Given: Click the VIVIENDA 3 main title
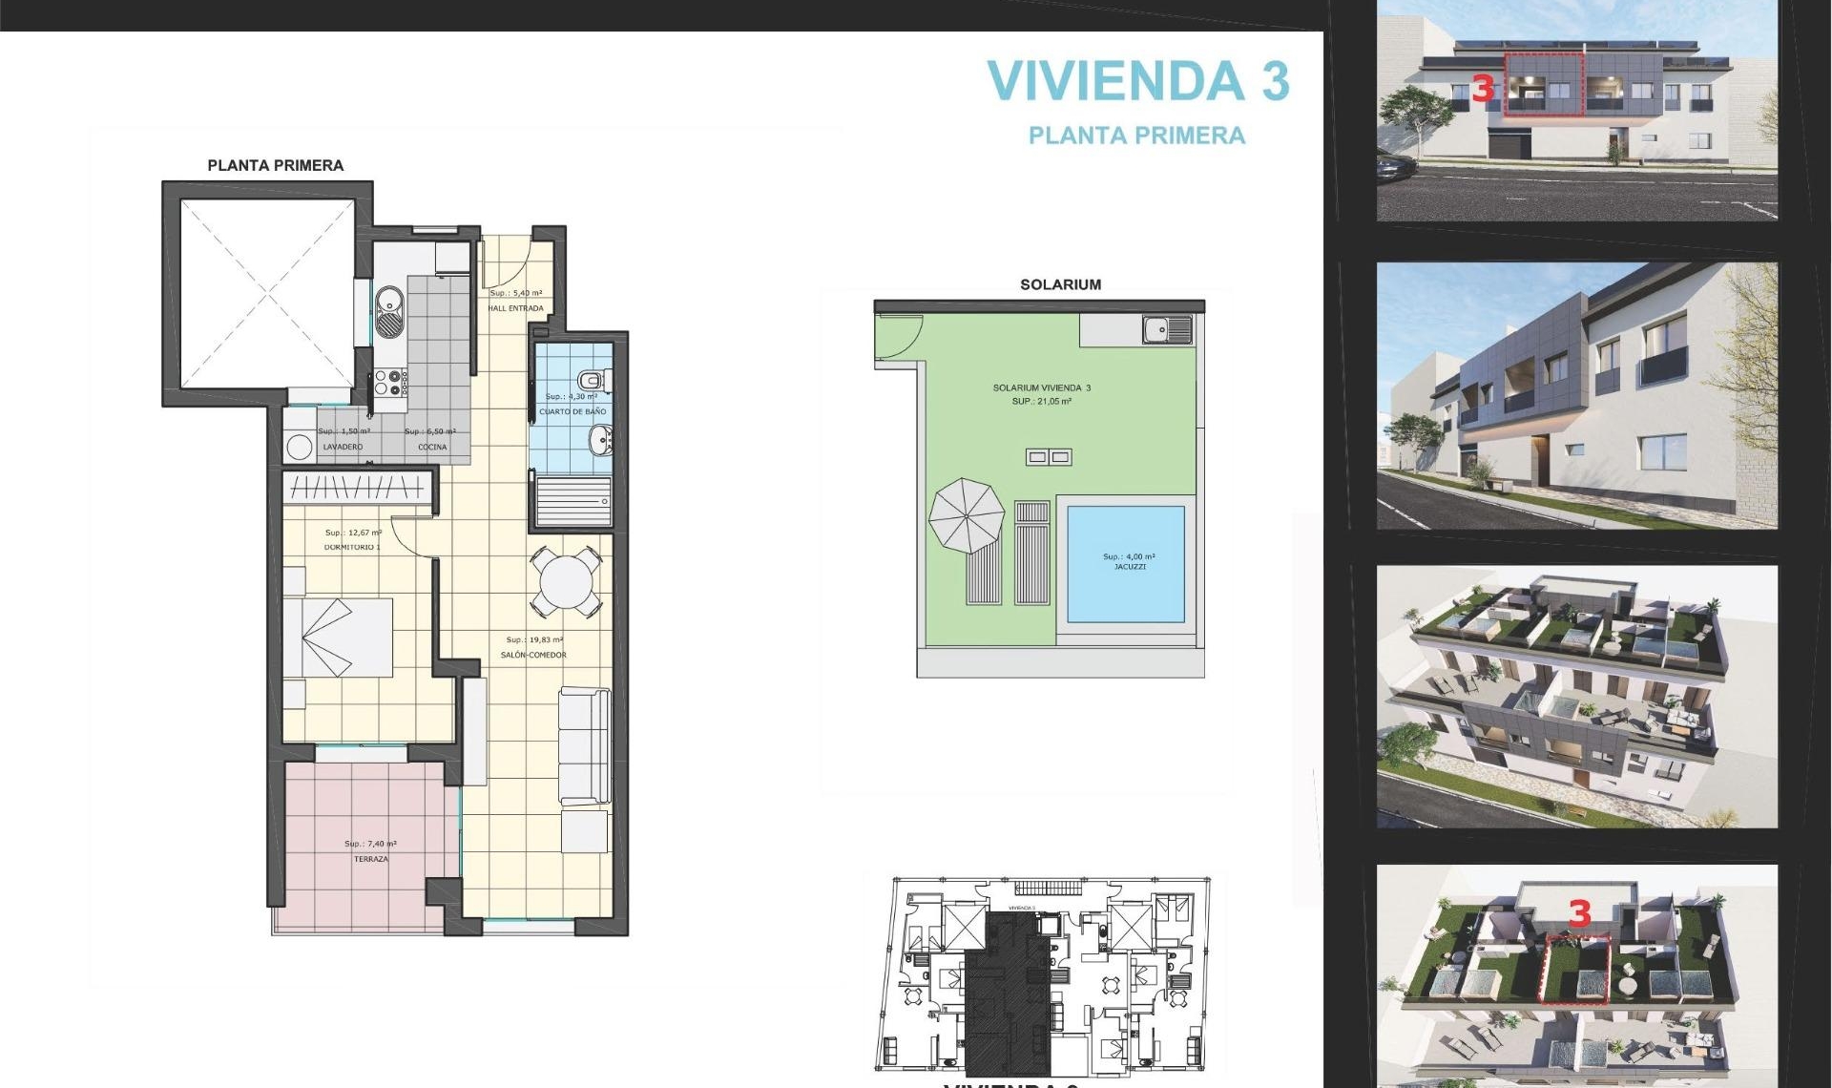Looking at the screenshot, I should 1137,81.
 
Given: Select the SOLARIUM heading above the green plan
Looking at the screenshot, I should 1060,284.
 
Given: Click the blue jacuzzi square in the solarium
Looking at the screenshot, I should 1126,563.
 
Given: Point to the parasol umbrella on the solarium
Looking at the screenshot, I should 967,515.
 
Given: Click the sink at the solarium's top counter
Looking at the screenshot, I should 1167,330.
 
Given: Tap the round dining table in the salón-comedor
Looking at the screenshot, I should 566,580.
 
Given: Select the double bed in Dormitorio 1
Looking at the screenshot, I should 339,638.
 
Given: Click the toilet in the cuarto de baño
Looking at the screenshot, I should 594,381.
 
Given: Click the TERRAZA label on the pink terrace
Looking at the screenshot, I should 371,859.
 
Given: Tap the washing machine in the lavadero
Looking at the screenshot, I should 300,447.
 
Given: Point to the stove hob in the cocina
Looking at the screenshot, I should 390,383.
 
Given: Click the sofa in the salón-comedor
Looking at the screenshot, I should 584,745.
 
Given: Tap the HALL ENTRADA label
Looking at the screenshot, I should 515,308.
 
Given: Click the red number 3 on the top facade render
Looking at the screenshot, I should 1482,89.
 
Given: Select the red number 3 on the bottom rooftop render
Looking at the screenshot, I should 1579,913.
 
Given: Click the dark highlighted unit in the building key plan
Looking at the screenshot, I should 1007,993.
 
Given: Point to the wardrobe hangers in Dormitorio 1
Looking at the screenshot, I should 356,488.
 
